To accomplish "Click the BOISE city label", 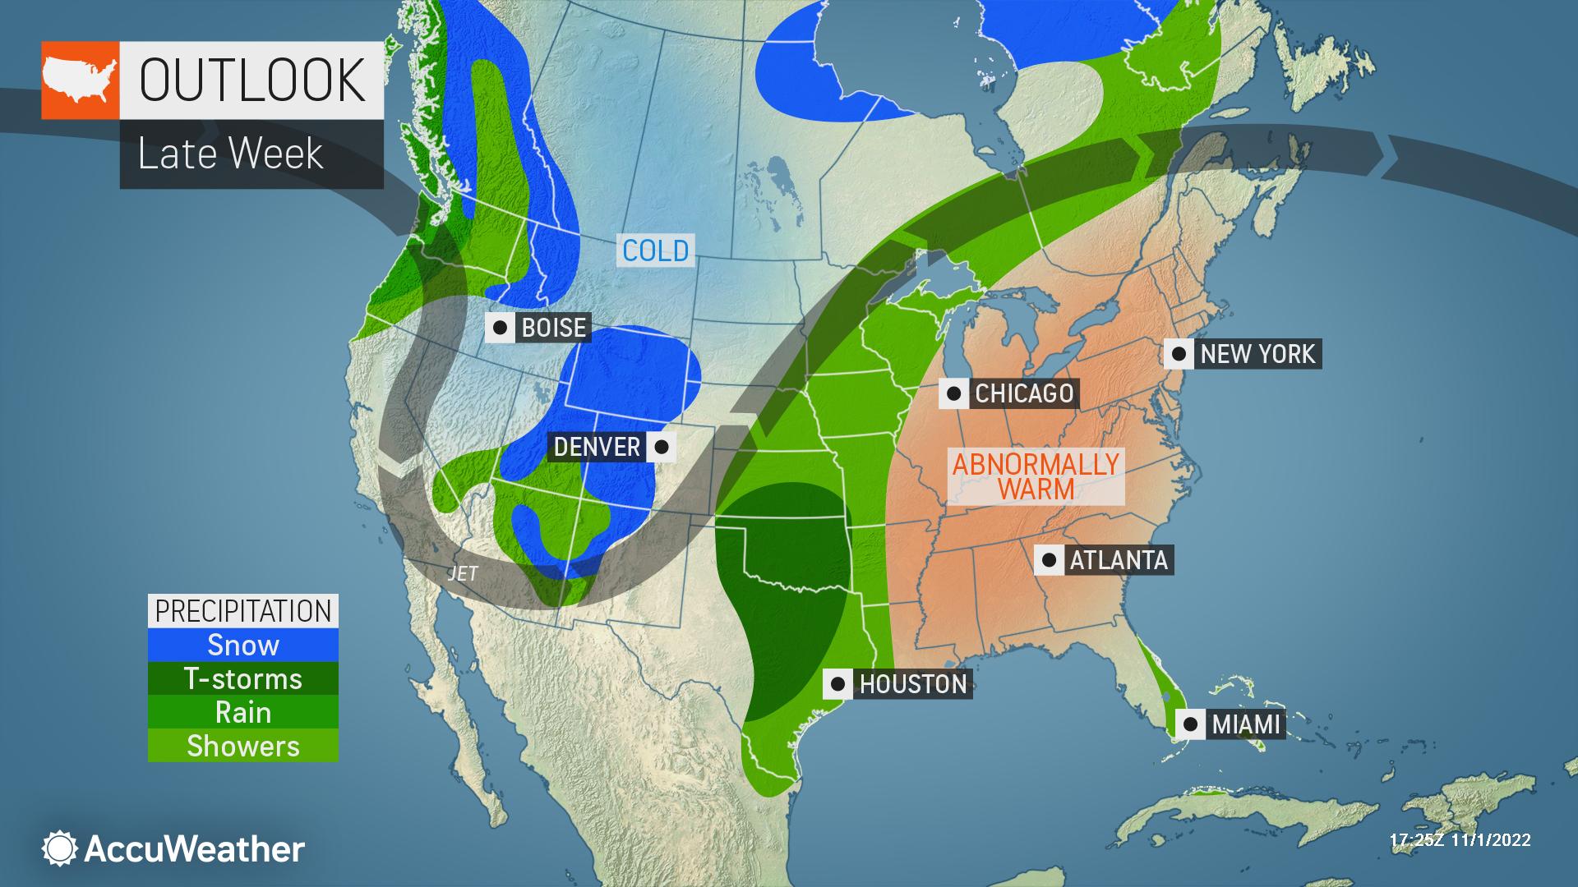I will point(553,328).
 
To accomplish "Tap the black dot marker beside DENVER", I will point(662,447).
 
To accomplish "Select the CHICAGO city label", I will point(1023,393).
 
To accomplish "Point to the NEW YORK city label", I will point(1257,354).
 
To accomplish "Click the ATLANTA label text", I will point(1118,560).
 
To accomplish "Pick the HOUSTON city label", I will point(912,683).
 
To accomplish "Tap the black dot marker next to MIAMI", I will point(1190,724).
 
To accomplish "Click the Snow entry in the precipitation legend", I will point(243,645).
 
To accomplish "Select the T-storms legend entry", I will point(243,678).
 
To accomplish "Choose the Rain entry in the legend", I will point(243,712).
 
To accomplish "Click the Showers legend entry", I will point(243,746).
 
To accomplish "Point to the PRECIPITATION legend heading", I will point(243,611).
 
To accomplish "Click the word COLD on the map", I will point(655,250).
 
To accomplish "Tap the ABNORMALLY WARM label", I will point(1036,476).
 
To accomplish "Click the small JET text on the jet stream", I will point(462,573).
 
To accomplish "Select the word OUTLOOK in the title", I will point(252,80).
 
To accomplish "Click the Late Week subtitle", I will point(231,154).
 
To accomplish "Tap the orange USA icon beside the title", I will point(81,80).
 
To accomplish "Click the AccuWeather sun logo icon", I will point(60,848).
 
